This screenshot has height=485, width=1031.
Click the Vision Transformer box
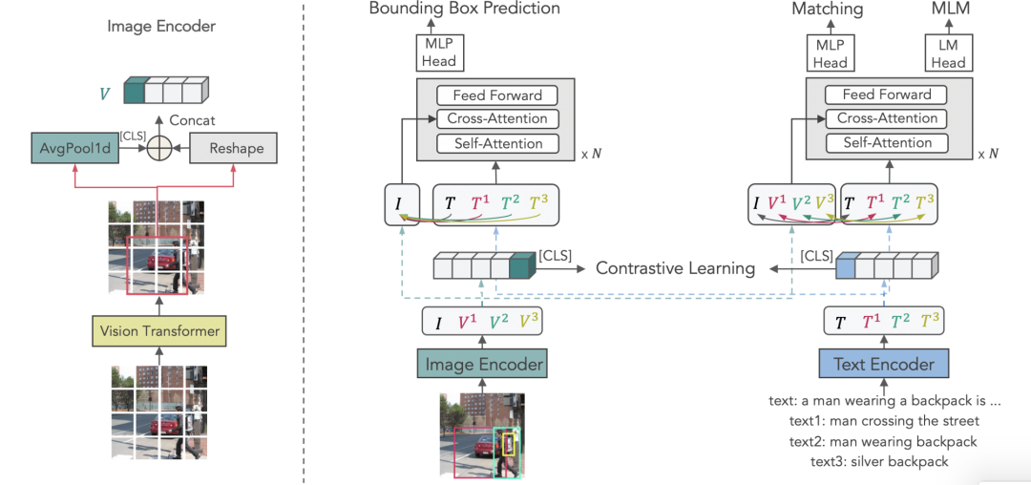158,330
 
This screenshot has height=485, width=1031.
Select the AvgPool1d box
73,149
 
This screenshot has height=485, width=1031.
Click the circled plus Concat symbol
158,149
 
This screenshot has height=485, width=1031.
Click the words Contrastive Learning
675,268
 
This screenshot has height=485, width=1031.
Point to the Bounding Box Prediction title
464,9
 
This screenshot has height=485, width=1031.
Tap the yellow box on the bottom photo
509,444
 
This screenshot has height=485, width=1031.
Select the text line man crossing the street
883,421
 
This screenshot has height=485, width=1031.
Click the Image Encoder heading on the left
161,27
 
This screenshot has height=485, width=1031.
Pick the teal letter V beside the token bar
105,95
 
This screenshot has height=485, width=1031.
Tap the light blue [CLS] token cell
845,268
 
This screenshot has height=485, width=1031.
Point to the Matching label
827,10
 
